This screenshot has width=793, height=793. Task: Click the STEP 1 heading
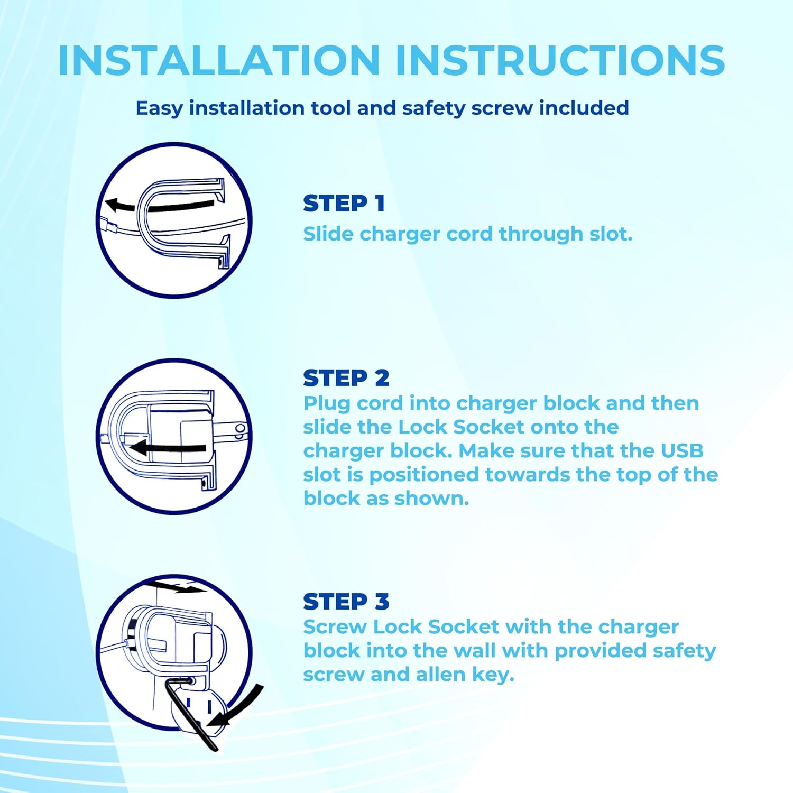[344, 204]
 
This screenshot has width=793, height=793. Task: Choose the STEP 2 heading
[346, 378]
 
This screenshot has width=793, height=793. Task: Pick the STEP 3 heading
[346, 602]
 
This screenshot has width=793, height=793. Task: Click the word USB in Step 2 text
[682, 451]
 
